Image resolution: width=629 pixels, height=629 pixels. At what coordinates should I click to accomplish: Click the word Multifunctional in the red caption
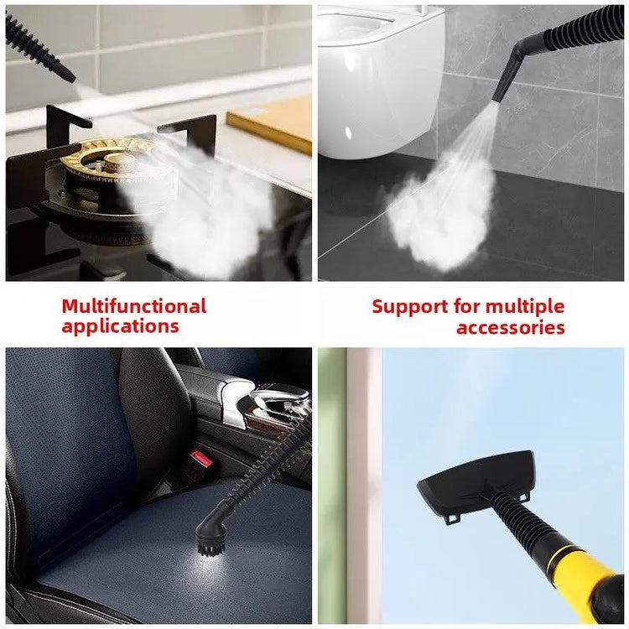[x=133, y=306]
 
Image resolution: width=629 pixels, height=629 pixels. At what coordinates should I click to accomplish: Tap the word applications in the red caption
[x=120, y=326]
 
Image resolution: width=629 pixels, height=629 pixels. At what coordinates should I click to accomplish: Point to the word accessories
[x=510, y=327]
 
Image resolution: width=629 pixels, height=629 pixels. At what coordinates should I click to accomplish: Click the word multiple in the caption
[x=525, y=306]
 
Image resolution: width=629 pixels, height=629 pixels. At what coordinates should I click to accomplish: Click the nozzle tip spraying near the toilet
[x=502, y=94]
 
